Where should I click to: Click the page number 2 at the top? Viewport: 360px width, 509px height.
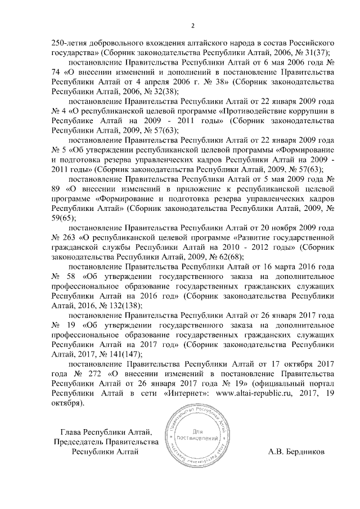point(193,25)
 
